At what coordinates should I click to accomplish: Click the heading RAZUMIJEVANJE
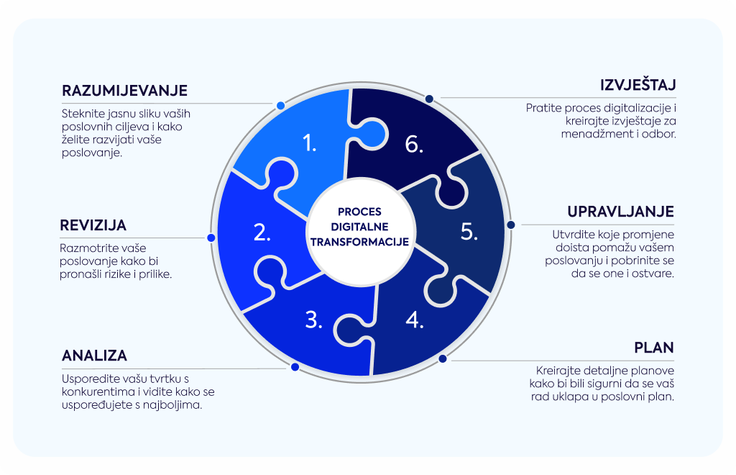[x=125, y=90]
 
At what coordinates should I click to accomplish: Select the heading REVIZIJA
[x=93, y=225]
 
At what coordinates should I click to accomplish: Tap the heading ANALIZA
[x=94, y=356]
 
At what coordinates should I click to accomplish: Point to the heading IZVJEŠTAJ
[x=638, y=85]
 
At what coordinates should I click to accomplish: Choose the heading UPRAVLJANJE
[x=620, y=212]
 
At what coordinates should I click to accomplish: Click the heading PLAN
[x=654, y=347]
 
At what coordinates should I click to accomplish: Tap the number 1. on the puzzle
[x=309, y=142]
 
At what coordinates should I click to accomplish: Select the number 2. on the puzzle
[x=262, y=232]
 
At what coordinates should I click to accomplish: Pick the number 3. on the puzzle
[x=313, y=320]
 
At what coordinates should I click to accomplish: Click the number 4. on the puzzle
[x=415, y=320]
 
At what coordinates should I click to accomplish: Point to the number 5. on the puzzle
[x=469, y=232]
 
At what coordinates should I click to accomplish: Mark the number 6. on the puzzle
[x=414, y=144]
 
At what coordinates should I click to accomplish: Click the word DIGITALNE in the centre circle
[x=359, y=227]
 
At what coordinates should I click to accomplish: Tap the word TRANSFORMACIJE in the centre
[x=359, y=242]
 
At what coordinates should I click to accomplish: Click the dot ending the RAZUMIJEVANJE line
[x=281, y=105]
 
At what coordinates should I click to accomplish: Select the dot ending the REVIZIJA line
[x=211, y=237]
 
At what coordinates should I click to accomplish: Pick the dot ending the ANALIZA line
[x=295, y=367]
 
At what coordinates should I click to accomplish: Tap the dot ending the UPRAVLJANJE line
[x=511, y=225]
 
